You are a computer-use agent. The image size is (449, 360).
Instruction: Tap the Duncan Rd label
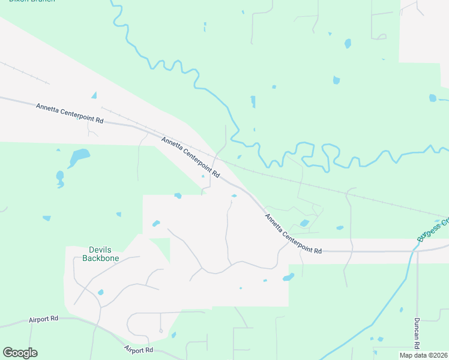coord(417,334)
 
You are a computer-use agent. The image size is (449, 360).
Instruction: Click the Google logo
coord(20,353)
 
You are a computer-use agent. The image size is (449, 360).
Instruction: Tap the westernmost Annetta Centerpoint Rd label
coord(70,113)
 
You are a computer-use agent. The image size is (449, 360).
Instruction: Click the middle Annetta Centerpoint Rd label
coord(191,156)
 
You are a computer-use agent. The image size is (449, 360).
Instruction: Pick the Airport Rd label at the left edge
coord(43,320)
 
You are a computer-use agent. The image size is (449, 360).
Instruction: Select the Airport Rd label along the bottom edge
coord(139,349)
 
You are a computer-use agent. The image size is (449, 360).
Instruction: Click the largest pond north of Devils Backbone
coord(79,157)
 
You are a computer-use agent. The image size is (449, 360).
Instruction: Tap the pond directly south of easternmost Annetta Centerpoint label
coord(289,277)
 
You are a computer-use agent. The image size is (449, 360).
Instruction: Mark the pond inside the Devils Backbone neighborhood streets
coord(100,292)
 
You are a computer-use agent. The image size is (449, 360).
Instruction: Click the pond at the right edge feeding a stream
coord(433,98)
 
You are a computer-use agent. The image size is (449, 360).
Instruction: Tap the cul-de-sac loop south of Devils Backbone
coord(161,331)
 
